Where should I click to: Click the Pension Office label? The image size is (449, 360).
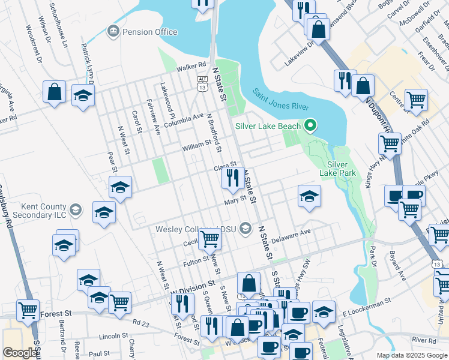[x=149, y=32]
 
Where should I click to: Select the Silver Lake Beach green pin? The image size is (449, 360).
[x=310, y=126]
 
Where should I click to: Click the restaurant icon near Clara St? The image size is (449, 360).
[x=231, y=177]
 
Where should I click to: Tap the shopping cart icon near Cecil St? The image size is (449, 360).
[x=210, y=238]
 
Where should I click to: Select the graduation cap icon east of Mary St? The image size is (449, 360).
[x=309, y=196]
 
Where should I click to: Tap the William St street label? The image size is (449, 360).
[x=197, y=145]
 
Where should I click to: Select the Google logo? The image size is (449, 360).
[x=20, y=353]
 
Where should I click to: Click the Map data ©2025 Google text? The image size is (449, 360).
[x=411, y=355]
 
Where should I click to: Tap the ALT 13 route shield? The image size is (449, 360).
[x=202, y=83]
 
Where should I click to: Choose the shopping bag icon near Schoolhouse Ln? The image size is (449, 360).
[x=54, y=92]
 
